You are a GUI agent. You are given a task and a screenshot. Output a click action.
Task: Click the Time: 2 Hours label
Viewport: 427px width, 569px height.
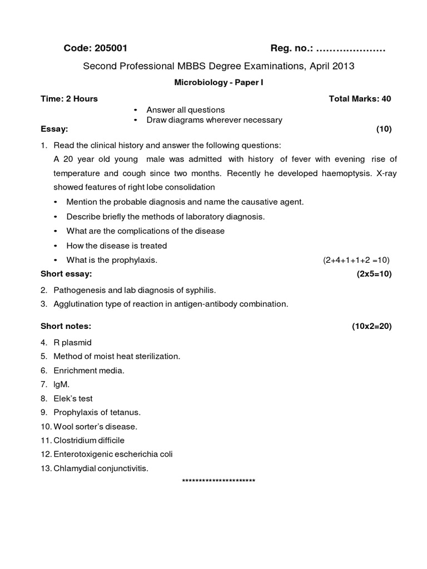[69, 99]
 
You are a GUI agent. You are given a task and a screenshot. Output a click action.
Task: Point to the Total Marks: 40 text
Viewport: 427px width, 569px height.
[360, 99]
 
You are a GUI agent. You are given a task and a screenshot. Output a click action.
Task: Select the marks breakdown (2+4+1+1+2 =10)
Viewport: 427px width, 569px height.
[357, 260]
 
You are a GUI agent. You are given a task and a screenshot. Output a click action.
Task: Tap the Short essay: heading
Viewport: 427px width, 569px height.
[66, 274]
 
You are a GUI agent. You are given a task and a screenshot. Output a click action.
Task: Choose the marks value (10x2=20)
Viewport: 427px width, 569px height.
[371, 326]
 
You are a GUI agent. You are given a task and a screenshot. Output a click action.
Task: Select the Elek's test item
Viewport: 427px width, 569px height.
[73, 398]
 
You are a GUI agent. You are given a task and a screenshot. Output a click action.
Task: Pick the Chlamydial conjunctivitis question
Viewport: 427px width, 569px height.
[101, 468]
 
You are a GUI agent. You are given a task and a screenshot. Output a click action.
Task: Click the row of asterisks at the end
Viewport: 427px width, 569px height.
[219, 481]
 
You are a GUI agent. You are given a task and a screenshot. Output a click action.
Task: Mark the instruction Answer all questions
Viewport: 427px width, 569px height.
[185, 110]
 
